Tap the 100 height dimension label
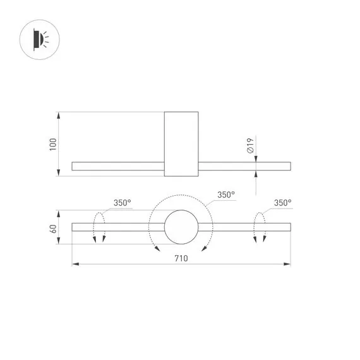pos(53,144)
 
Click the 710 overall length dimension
pos(181,257)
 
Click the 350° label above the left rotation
pos(123,203)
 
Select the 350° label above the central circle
pos(226,195)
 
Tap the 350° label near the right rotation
pos(283,203)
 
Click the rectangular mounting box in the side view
pos(181,144)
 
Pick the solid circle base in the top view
pos(181,227)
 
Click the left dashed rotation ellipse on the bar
pos(99,227)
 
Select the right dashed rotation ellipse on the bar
pos(259,227)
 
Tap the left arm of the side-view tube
pos(117,166)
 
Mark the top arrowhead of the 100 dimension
pos(59,116)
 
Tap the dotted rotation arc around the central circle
pos(181,196)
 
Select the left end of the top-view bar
pos(75,227)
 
